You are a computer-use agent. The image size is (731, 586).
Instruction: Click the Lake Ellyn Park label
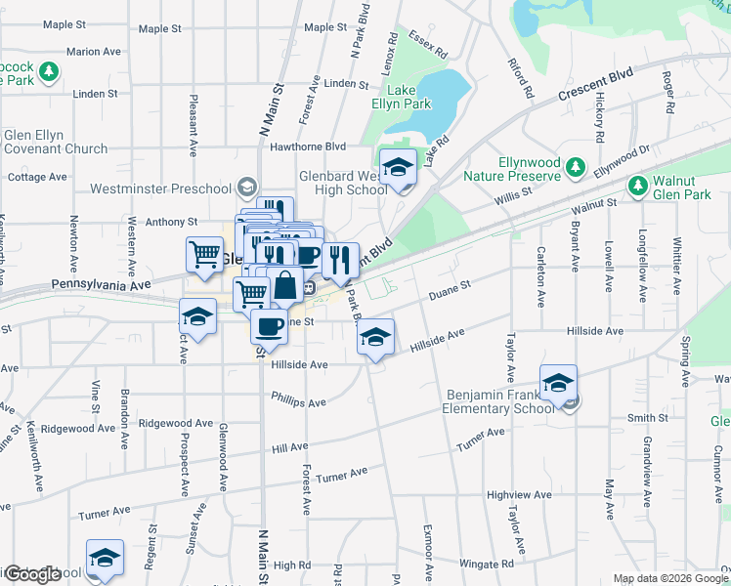[x=401, y=96]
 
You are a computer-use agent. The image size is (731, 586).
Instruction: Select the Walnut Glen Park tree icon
[x=638, y=185]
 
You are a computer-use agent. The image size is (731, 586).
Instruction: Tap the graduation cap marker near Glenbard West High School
[x=398, y=168]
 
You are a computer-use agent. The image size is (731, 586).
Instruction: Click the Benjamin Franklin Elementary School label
[x=500, y=401]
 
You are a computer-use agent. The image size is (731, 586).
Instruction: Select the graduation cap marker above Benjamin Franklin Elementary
[x=558, y=382]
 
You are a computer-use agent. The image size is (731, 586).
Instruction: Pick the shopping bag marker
[x=285, y=286]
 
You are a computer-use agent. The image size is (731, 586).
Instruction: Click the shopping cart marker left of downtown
[x=204, y=254]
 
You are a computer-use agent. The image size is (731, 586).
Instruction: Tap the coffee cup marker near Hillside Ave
[x=269, y=325]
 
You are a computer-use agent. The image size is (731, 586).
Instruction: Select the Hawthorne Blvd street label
[x=309, y=146]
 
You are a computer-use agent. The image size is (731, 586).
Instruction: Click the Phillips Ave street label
[x=299, y=401]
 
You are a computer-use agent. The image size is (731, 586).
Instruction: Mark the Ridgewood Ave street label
[x=176, y=424]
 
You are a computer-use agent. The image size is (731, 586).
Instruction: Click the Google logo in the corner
[x=32, y=574]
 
